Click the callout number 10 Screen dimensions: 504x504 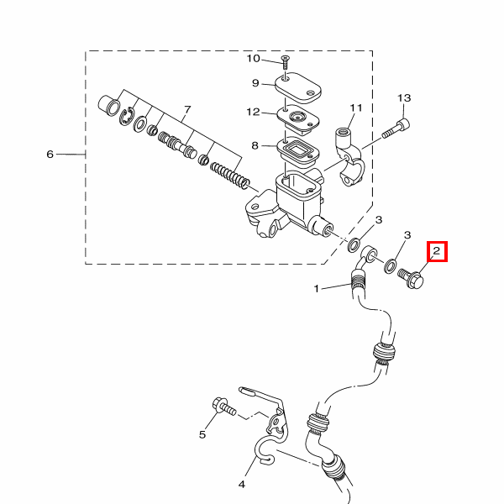[253, 59]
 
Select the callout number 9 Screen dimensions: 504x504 [255, 83]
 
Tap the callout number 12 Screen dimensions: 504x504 [253, 112]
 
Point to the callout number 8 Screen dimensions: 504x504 [255, 145]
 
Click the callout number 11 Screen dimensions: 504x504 [356, 108]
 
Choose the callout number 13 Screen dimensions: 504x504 [404, 97]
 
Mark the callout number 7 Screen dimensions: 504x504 [187, 110]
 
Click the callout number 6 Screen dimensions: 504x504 [50, 155]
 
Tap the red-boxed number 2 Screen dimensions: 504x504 [437, 251]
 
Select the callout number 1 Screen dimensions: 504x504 [317, 288]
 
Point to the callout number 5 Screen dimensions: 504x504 [202, 434]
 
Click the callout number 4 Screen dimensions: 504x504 [242, 484]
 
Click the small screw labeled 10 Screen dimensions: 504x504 [285, 62]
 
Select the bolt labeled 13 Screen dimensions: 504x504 [396, 129]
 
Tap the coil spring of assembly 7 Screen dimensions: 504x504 [229, 176]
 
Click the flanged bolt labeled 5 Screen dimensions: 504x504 [223, 407]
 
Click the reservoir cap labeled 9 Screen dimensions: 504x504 [298, 87]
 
